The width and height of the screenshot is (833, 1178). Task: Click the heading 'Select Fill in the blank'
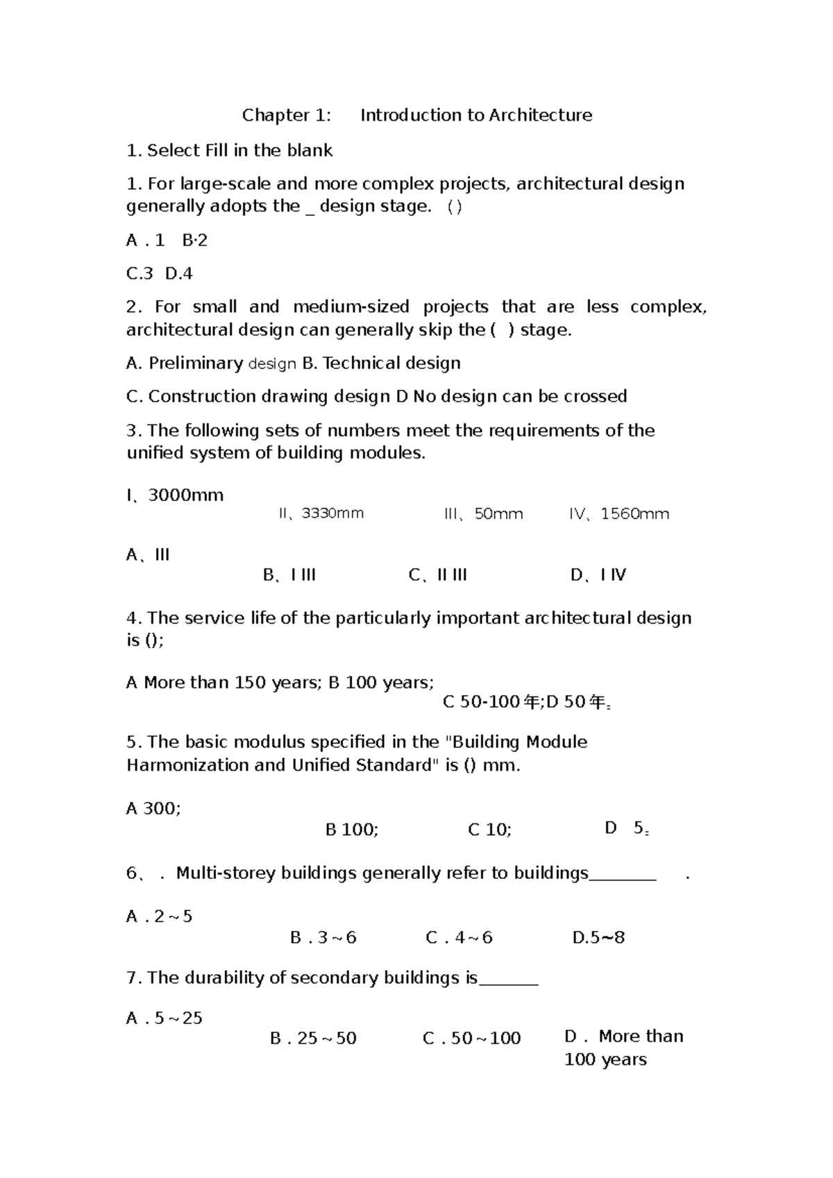(239, 151)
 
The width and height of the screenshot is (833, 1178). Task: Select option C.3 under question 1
(139, 273)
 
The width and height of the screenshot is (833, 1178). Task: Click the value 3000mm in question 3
(185, 495)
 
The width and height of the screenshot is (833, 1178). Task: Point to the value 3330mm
(332, 513)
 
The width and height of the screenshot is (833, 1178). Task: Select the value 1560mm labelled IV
(634, 514)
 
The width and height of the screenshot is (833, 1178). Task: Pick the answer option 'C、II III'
(437, 575)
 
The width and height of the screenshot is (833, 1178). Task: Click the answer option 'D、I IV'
(598, 575)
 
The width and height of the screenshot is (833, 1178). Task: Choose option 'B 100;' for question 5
(352, 830)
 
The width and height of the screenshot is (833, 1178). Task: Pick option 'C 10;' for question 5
(489, 830)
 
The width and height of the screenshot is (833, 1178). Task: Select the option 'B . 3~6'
(323, 938)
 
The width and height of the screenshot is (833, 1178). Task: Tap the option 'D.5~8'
(598, 938)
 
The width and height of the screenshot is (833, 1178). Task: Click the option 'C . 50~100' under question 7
(471, 1039)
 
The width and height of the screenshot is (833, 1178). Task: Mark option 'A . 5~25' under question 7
(164, 1018)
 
